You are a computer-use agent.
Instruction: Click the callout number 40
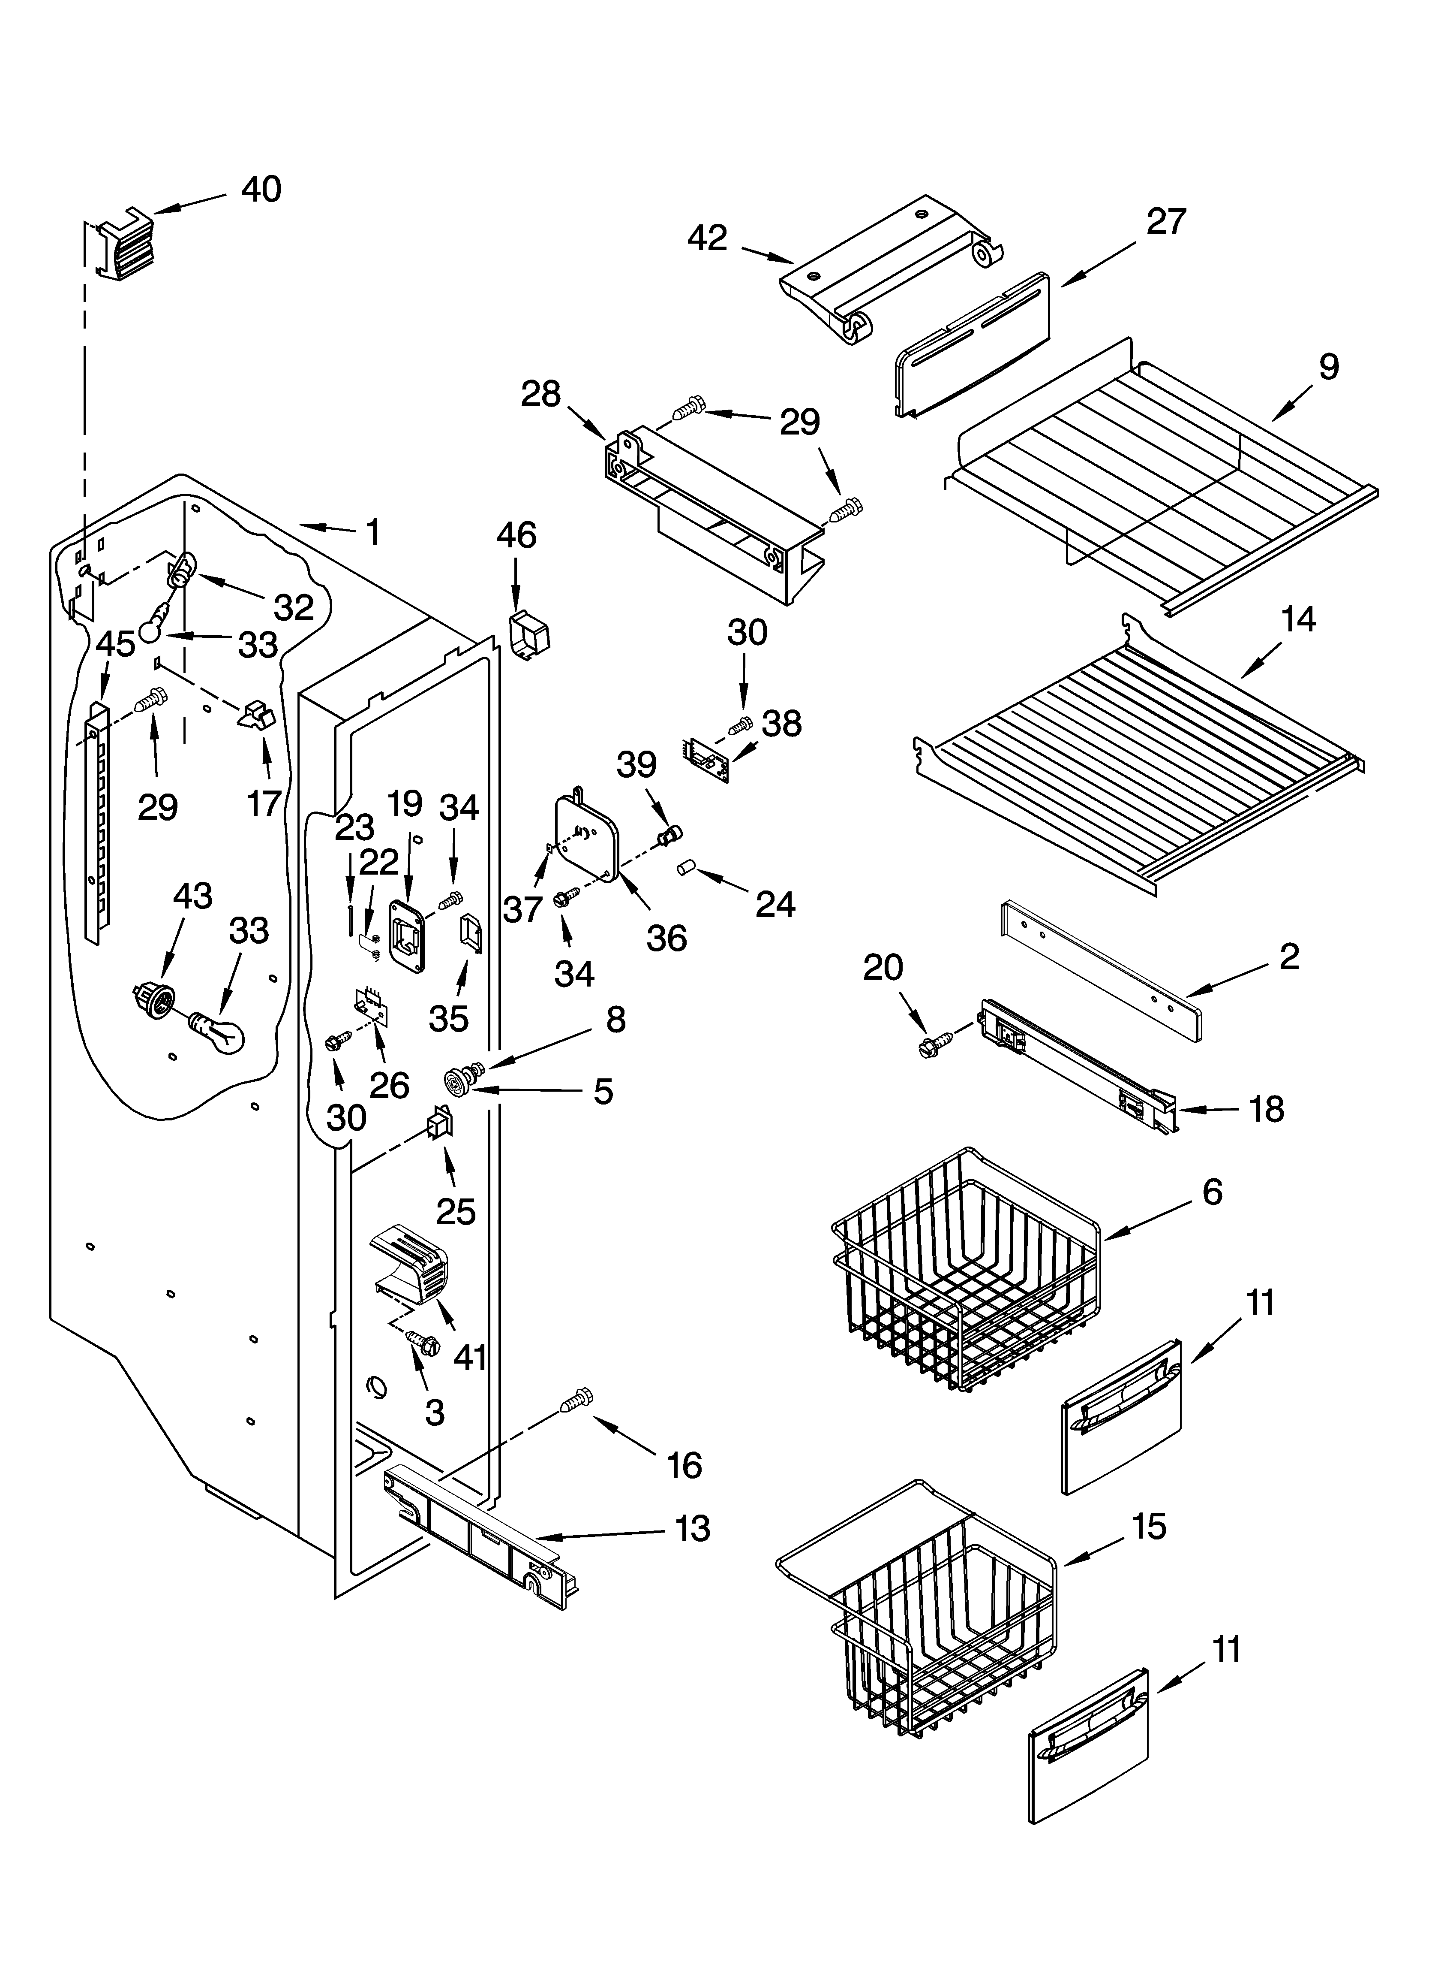coord(261,190)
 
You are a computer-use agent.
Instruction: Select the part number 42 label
coord(707,238)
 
